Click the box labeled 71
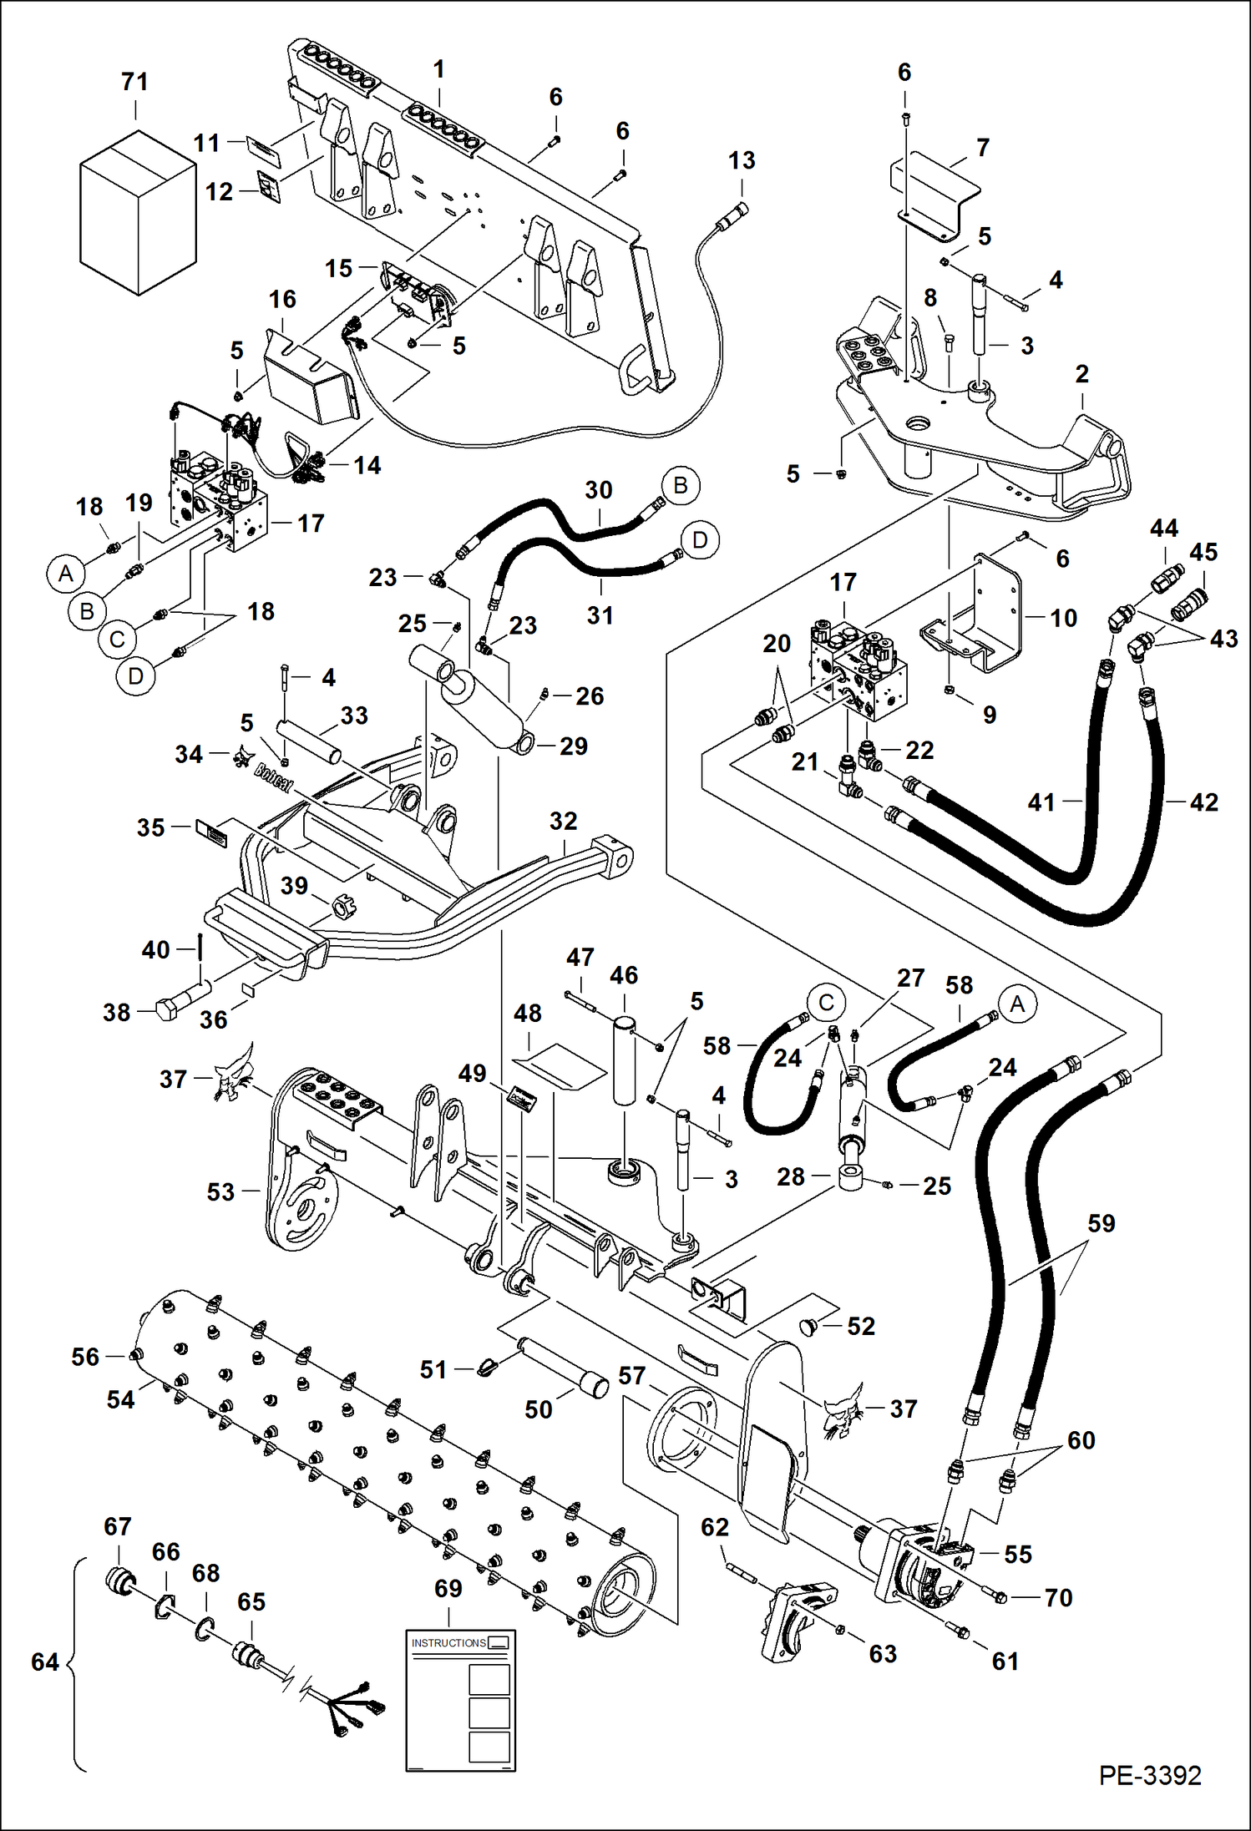coord(138,213)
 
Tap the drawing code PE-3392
coord(1149,1774)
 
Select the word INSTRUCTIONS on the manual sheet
coord(448,1642)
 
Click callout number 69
coord(448,1588)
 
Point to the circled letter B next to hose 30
coord(680,486)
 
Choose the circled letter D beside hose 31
coord(700,540)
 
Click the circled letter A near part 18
coord(66,574)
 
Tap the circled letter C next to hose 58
coord(826,1003)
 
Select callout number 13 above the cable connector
coord(742,160)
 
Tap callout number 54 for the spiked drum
coord(120,1399)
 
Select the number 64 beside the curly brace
coord(45,1662)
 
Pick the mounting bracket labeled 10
coord(994,614)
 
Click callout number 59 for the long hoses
coord(1101,1224)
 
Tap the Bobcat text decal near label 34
coord(273,778)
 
